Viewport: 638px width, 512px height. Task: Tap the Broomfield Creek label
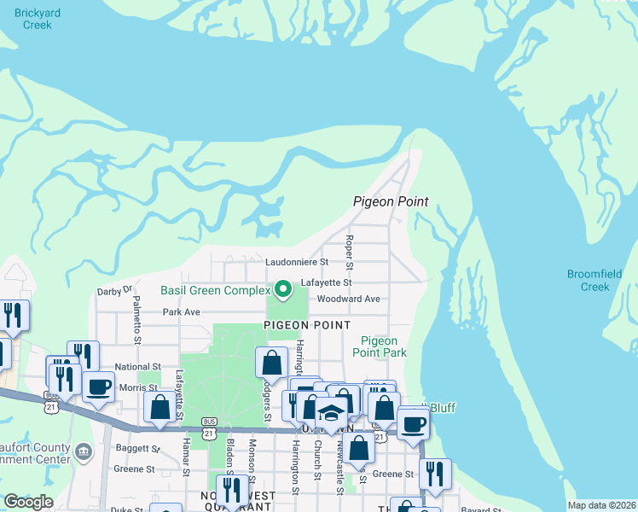click(594, 280)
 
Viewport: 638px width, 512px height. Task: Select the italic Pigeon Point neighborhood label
click(391, 202)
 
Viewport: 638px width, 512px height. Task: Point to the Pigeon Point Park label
click(380, 346)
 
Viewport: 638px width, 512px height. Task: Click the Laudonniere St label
click(297, 262)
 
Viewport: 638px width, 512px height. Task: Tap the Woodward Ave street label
click(348, 300)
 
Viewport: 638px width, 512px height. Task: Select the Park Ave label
click(181, 312)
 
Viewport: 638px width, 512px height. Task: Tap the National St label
click(137, 366)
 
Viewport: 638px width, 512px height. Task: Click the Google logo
click(28, 502)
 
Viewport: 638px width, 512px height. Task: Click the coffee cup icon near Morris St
click(97, 385)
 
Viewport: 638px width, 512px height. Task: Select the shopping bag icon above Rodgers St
click(271, 362)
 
